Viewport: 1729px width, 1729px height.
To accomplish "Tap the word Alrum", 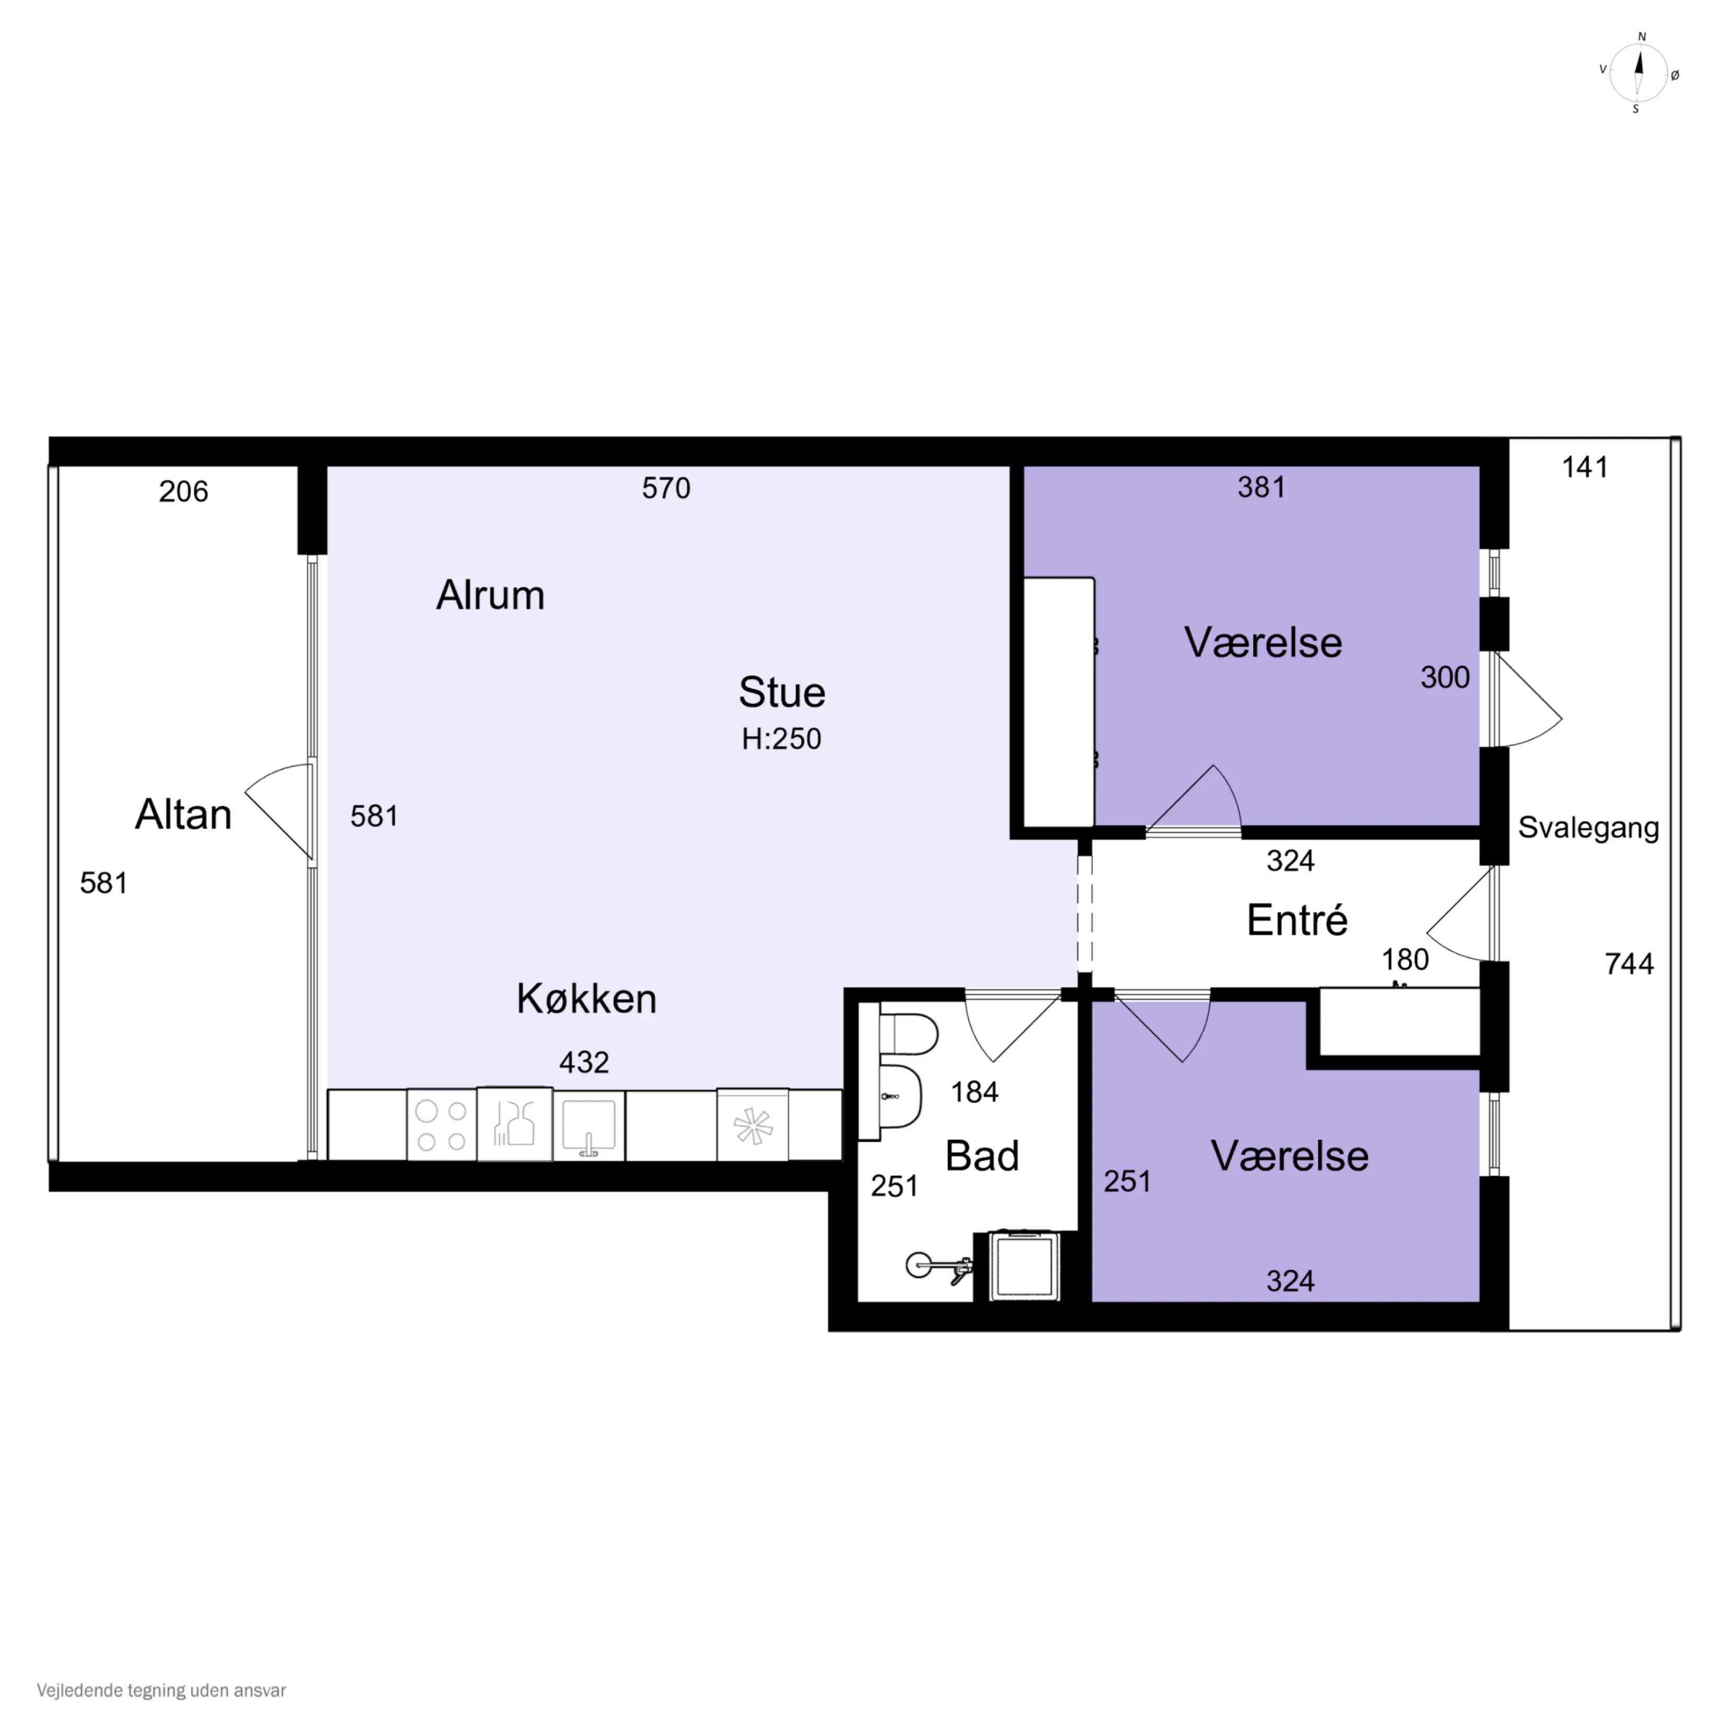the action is tap(490, 595).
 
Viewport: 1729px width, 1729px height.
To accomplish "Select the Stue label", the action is tap(781, 692).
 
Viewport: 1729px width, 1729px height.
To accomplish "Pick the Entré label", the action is tap(1297, 920).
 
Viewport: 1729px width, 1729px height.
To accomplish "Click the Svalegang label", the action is tap(1588, 828).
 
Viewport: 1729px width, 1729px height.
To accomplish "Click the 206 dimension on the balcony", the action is tap(184, 491).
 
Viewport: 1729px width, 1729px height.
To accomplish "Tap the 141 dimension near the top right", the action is tap(1585, 467).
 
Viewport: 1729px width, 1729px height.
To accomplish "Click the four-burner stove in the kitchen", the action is tap(441, 1125).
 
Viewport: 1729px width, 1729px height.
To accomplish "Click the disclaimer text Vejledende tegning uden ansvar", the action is tap(161, 1690).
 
